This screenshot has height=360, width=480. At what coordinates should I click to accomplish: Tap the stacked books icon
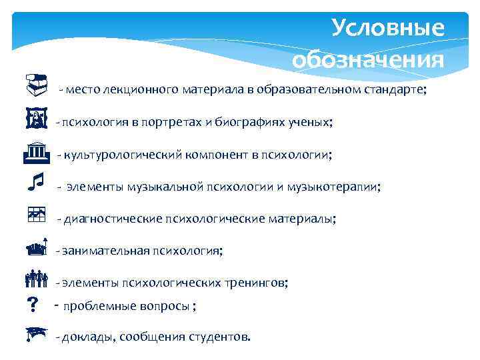36,84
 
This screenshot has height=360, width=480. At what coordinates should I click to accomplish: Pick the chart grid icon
36,214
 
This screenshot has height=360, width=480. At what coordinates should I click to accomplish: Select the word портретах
168,123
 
